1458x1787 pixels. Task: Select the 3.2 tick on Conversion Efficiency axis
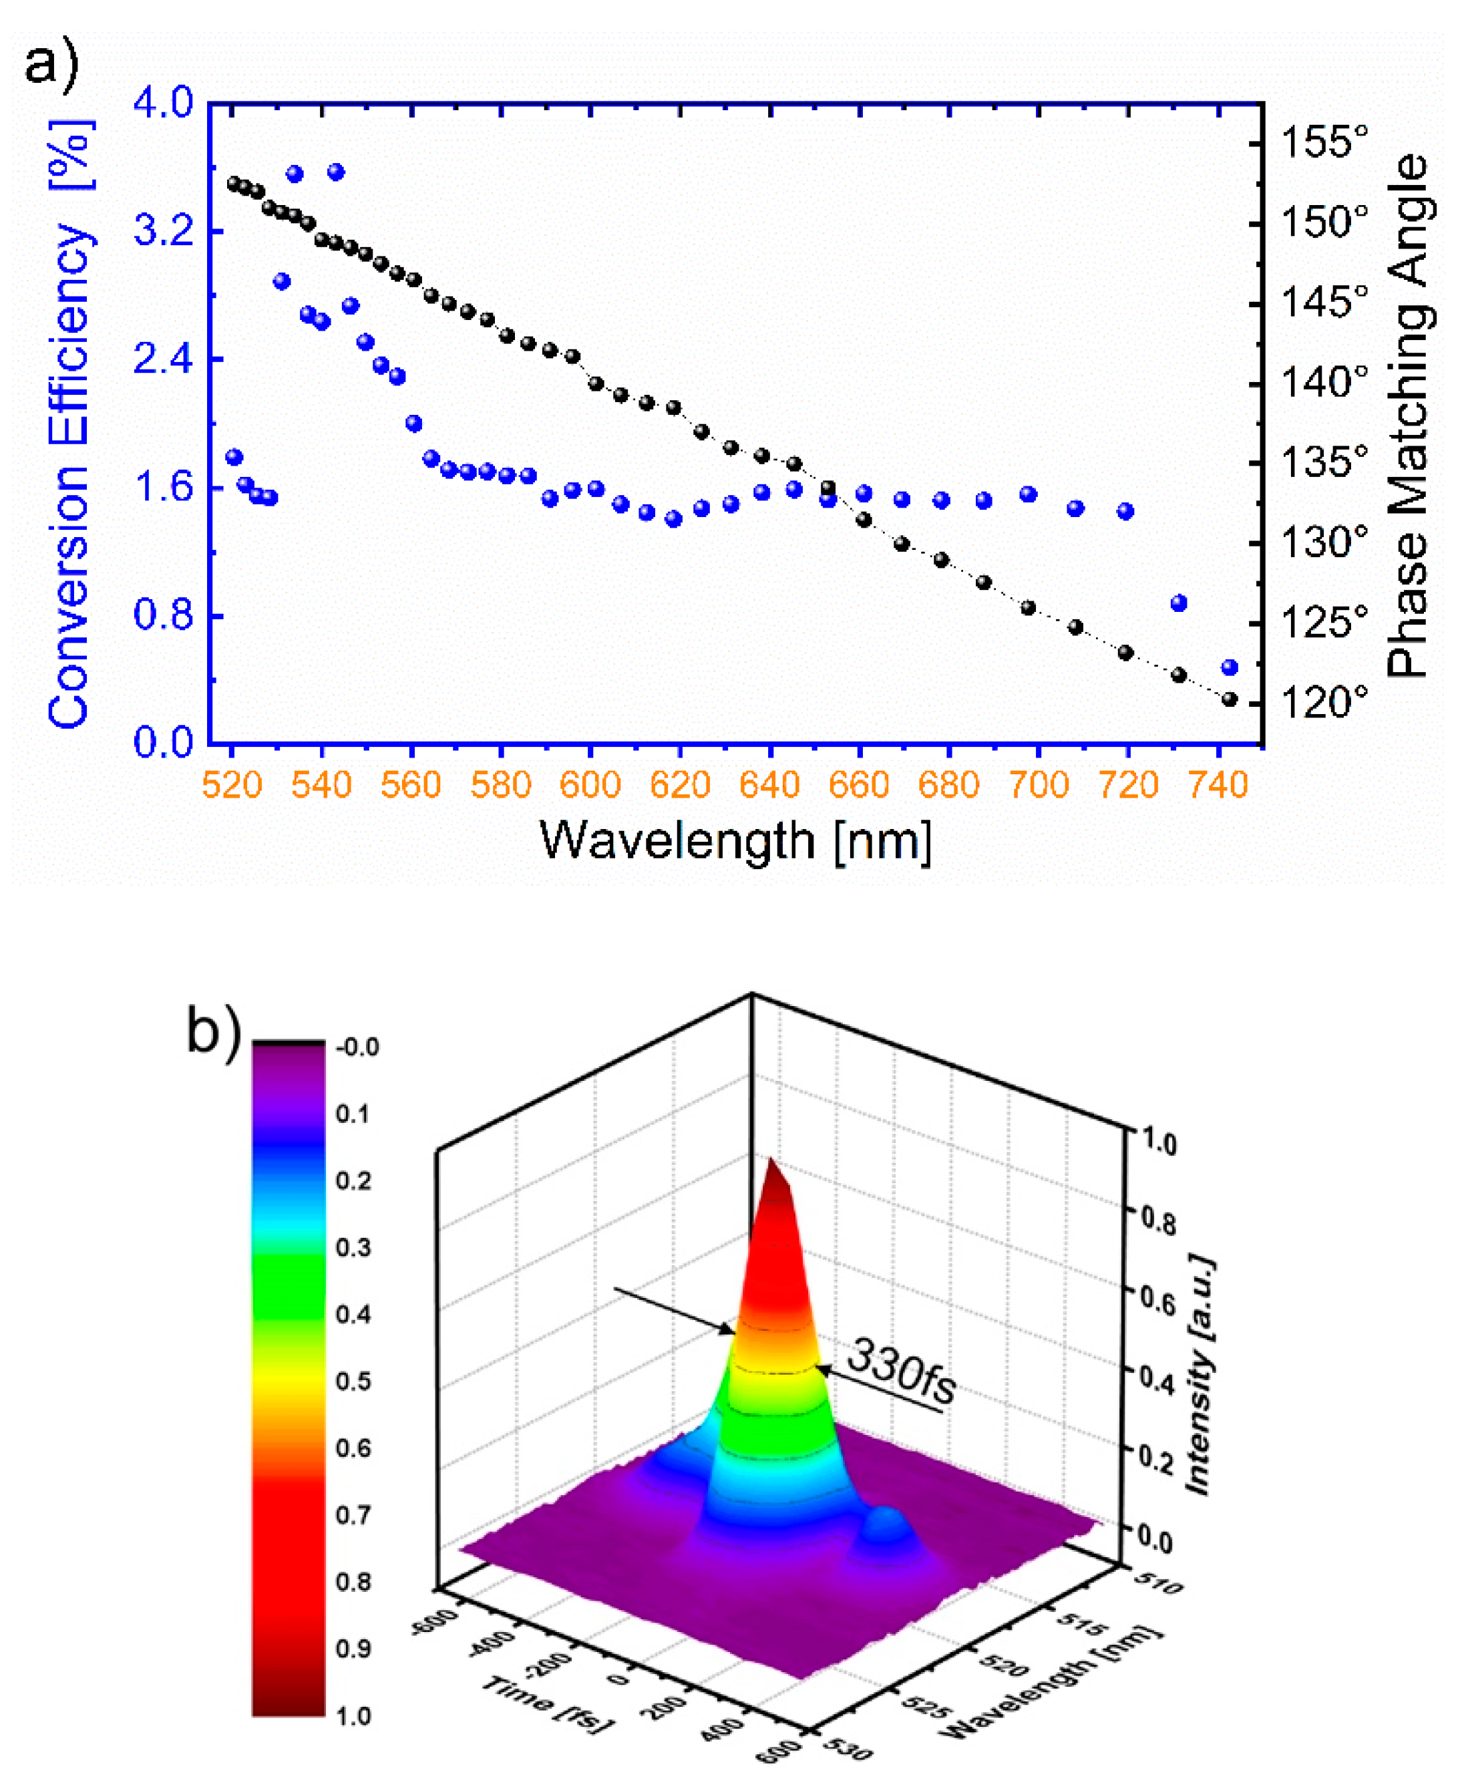point(164,230)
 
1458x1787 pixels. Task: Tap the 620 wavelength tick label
point(681,785)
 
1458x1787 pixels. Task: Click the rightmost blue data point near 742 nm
point(1230,667)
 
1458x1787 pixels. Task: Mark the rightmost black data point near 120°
point(1230,699)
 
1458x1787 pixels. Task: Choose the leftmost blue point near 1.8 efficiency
point(234,457)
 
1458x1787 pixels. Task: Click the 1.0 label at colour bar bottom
point(353,1715)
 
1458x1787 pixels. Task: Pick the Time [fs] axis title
point(548,1702)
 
